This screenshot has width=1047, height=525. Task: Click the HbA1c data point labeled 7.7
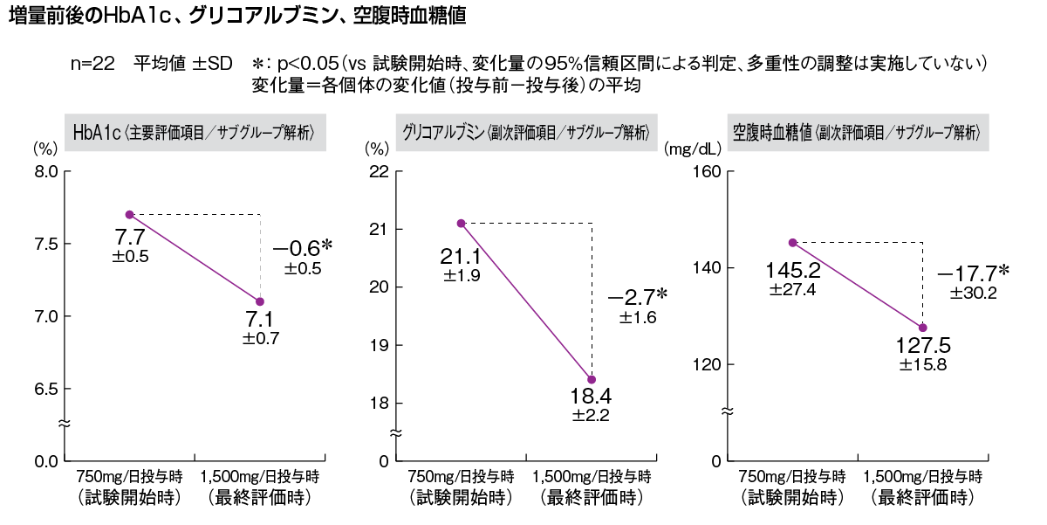[x=129, y=214]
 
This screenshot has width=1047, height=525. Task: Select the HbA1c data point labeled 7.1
[x=260, y=301]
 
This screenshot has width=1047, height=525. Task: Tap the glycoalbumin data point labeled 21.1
[x=462, y=223]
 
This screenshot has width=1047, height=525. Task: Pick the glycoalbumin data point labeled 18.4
[x=592, y=379]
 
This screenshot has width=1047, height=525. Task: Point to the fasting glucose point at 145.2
[x=792, y=242]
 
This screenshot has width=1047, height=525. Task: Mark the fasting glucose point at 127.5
[x=923, y=328]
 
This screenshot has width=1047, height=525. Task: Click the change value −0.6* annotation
[x=302, y=249]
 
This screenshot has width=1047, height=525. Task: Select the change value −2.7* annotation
[x=638, y=298]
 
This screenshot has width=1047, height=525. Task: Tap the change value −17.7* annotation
[x=972, y=274]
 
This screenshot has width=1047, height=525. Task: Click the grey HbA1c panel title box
[x=194, y=133]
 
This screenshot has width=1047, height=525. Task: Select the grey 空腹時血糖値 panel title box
[x=859, y=133]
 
